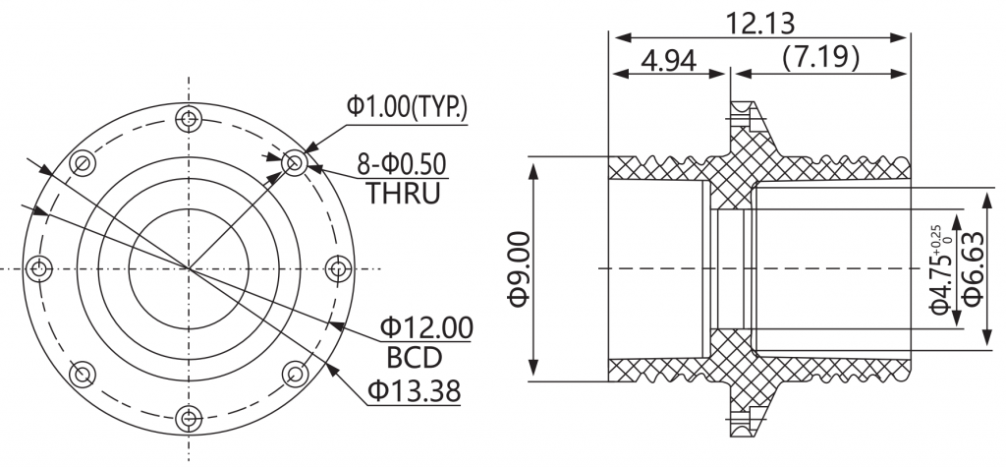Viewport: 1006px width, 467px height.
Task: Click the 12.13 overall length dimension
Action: [x=759, y=24]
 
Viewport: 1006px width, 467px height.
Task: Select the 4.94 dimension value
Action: [x=668, y=60]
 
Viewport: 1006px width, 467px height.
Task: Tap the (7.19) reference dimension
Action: [x=820, y=58]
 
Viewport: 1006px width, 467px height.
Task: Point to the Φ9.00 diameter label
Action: [x=520, y=268]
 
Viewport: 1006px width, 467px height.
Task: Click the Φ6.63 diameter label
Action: [x=973, y=268]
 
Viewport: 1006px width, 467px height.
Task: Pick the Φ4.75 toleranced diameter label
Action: [x=940, y=269]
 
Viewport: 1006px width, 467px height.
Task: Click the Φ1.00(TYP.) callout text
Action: [x=408, y=106]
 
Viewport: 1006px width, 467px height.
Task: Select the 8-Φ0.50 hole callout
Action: [x=402, y=164]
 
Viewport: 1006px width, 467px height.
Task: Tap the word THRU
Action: [x=403, y=193]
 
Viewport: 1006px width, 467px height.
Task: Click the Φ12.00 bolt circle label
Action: [x=426, y=327]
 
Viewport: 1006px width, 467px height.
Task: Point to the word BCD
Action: [x=415, y=357]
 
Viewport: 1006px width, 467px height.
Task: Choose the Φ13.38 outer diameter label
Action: [x=415, y=390]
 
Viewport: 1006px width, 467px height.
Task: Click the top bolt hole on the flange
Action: [x=189, y=119]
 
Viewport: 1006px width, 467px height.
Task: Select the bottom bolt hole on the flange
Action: [x=189, y=419]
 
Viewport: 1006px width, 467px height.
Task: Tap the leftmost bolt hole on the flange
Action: [x=39, y=268]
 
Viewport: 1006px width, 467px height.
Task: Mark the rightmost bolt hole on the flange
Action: [x=338, y=268]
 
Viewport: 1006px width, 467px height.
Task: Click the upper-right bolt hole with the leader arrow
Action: [x=295, y=162]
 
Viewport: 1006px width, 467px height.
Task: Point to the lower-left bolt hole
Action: [x=83, y=374]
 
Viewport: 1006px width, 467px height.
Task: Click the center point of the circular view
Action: [x=189, y=268]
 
